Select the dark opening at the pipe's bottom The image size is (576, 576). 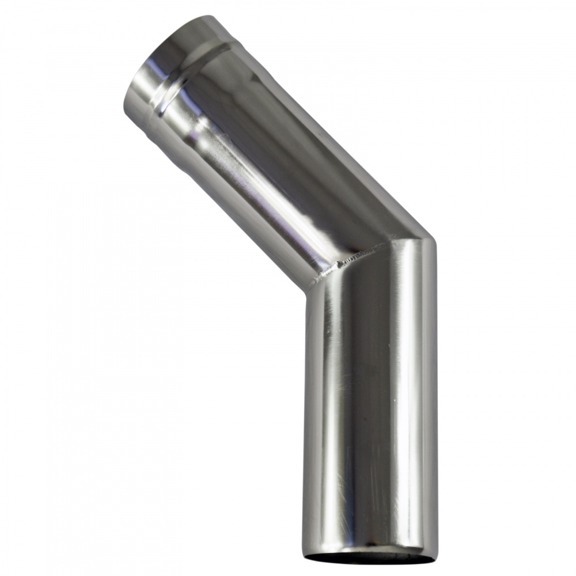[369, 557]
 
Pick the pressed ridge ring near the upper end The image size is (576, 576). [190, 75]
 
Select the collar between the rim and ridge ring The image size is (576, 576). [173, 58]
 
